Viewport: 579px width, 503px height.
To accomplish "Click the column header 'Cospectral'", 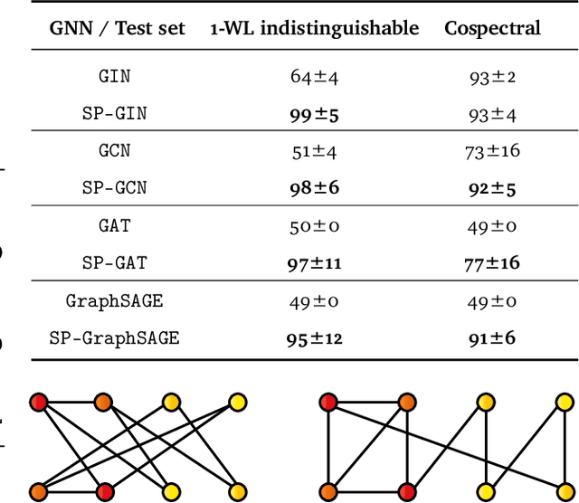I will pyautogui.click(x=492, y=27).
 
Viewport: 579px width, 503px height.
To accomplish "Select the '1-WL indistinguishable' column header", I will pyautogui.click(x=313, y=27).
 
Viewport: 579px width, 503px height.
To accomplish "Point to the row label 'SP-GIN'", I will pyautogui.click(x=122, y=114).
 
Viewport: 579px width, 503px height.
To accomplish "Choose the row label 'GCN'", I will pyautogui.click(x=122, y=150).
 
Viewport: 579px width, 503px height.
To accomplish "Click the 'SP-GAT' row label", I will pyautogui.click(x=122, y=263).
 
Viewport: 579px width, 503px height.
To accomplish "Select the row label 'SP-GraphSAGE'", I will pyautogui.click(x=114, y=338).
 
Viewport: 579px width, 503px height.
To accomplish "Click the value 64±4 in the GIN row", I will pyautogui.click(x=313, y=76).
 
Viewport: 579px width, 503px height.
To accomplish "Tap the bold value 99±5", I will pyautogui.click(x=313, y=114).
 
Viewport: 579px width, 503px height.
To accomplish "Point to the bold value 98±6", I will pyautogui.click(x=313, y=188).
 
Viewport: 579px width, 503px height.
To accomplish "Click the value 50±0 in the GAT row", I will pyautogui.click(x=313, y=225).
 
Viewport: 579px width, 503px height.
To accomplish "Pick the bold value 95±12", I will pyautogui.click(x=313, y=338).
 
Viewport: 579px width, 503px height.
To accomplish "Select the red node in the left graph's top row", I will pyautogui.click(x=39, y=402).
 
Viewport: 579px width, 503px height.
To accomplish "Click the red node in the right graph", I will pyautogui.click(x=327, y=402).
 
